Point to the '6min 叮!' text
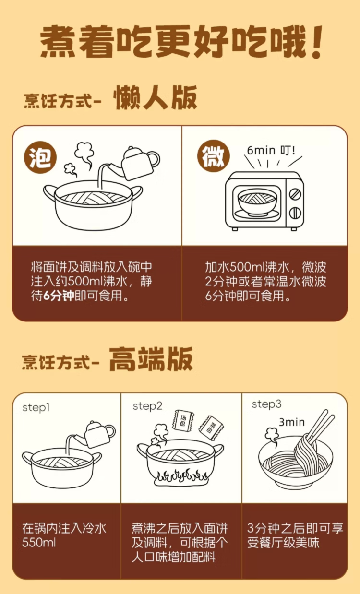click(x=272, y=150)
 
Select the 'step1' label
click(x=36, y=407)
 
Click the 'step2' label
click(x=147, y=406)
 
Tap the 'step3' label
click(x=266, y=404)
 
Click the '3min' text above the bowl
click(x=292, y=422)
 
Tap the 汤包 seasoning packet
click(x=182, y=421)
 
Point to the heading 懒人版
click(x=155, y=99)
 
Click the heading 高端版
click(x=151, y=360)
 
